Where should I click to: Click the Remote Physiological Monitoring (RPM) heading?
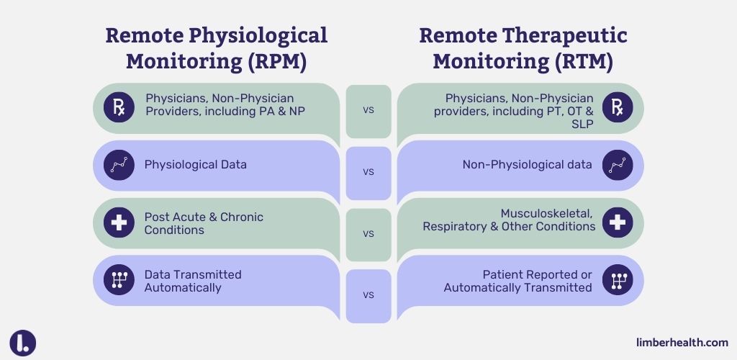216,48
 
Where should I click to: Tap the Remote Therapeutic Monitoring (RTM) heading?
523,48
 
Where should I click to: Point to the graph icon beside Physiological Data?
119,165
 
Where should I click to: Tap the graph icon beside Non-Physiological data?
618,165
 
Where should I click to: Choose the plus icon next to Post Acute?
119,223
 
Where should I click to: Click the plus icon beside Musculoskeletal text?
618,223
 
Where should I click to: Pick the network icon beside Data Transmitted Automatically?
119,281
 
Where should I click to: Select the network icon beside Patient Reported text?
618,281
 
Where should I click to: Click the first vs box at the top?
368,111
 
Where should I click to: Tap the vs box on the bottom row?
368,295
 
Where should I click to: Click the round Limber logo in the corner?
23,343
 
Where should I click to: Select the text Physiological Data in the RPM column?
196,165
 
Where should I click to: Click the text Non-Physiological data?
527,165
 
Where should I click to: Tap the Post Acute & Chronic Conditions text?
204,223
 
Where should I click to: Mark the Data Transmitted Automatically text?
193,281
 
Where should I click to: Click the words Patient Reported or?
537,274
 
